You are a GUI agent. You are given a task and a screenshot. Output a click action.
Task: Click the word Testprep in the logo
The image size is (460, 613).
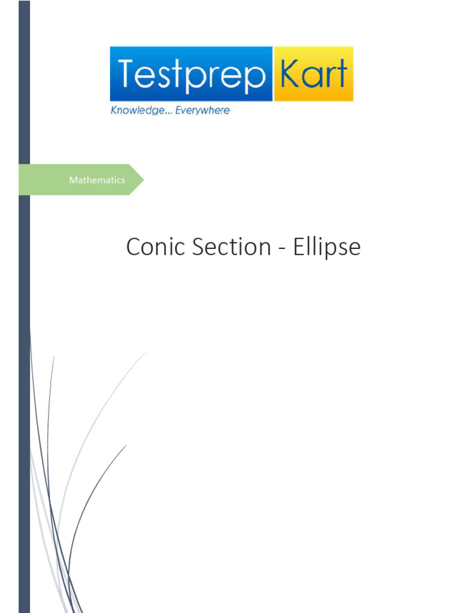pyautogui.click(x=191, y=74)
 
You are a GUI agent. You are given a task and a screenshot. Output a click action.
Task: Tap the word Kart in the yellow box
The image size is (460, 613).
pyautogui.click(x=313, y=74)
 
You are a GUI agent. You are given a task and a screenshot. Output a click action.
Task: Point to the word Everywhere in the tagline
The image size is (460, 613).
pyautogui.click(x=202, y=111)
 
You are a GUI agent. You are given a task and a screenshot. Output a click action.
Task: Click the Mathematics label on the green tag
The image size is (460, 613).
pyautogui.click(x=97, y=180)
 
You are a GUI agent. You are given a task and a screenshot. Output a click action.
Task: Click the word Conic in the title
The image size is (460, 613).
pyautogui.click(x=155, y=247)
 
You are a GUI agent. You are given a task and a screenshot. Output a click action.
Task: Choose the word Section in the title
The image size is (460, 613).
pyautogui.click(x=231, y=247)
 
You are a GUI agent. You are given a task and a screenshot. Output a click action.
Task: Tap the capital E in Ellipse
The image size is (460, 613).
pyautogui.click(x=298, y=247)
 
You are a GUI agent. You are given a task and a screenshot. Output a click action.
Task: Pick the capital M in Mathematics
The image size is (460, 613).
pyautogui.click(x=73, y=180)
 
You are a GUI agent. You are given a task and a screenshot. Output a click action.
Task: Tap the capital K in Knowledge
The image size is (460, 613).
pyautogui.click(x=114, y=111)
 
